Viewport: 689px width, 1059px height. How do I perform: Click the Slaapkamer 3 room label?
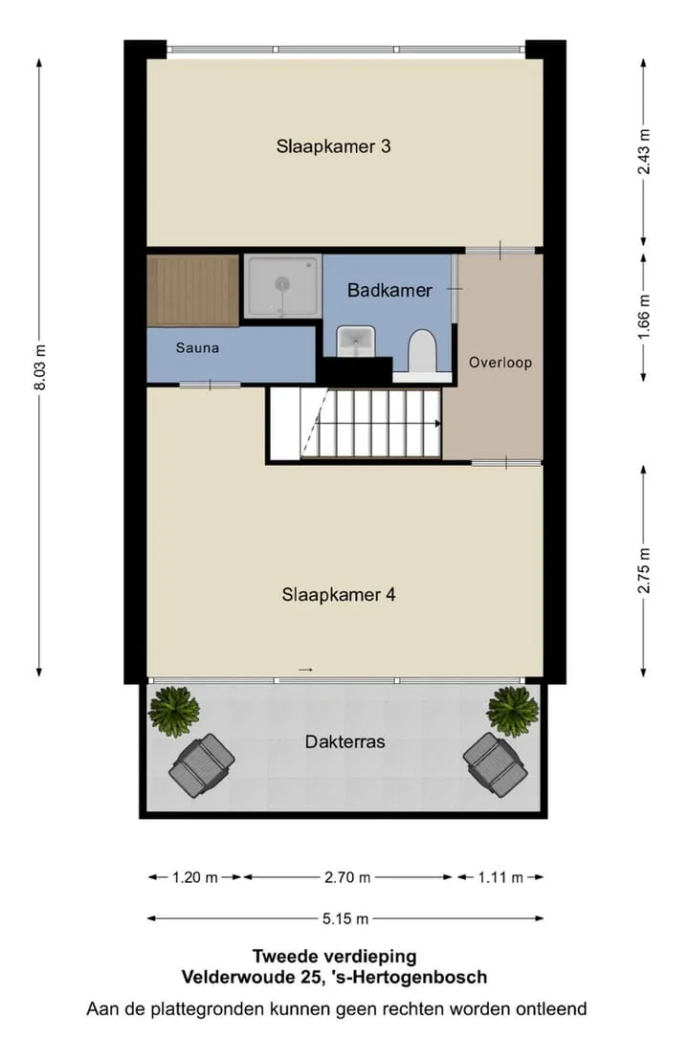pos(333,146)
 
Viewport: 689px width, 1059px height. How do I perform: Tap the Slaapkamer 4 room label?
pos(339,595)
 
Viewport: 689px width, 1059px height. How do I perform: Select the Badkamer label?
pos(389,291)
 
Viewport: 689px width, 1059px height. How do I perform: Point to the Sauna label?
pos(197,348)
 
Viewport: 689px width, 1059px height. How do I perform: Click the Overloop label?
pos(500,363)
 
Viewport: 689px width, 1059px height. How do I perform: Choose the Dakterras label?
pos(345,742)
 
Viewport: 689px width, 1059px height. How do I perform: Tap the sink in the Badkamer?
pos(355,341)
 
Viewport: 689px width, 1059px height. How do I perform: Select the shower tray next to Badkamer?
pos(281,286)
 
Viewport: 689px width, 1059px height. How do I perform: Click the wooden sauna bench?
pos(193,291)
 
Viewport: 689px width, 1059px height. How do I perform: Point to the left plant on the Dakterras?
pos(173,711)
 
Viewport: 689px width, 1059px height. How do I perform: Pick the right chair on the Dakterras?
pos(495,765)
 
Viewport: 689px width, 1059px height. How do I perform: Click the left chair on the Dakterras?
pos(202,766)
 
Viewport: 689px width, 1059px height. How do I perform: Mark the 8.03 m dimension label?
pos(40,367)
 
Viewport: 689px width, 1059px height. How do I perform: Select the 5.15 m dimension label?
pos(345,919)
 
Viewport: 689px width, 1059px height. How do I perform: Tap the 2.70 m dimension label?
pos(347,878)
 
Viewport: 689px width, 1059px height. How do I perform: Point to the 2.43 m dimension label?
pos(644,151)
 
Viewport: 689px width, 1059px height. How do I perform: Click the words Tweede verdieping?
pos(334,957)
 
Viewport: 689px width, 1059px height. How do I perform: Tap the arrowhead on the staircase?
pos(437,424)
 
